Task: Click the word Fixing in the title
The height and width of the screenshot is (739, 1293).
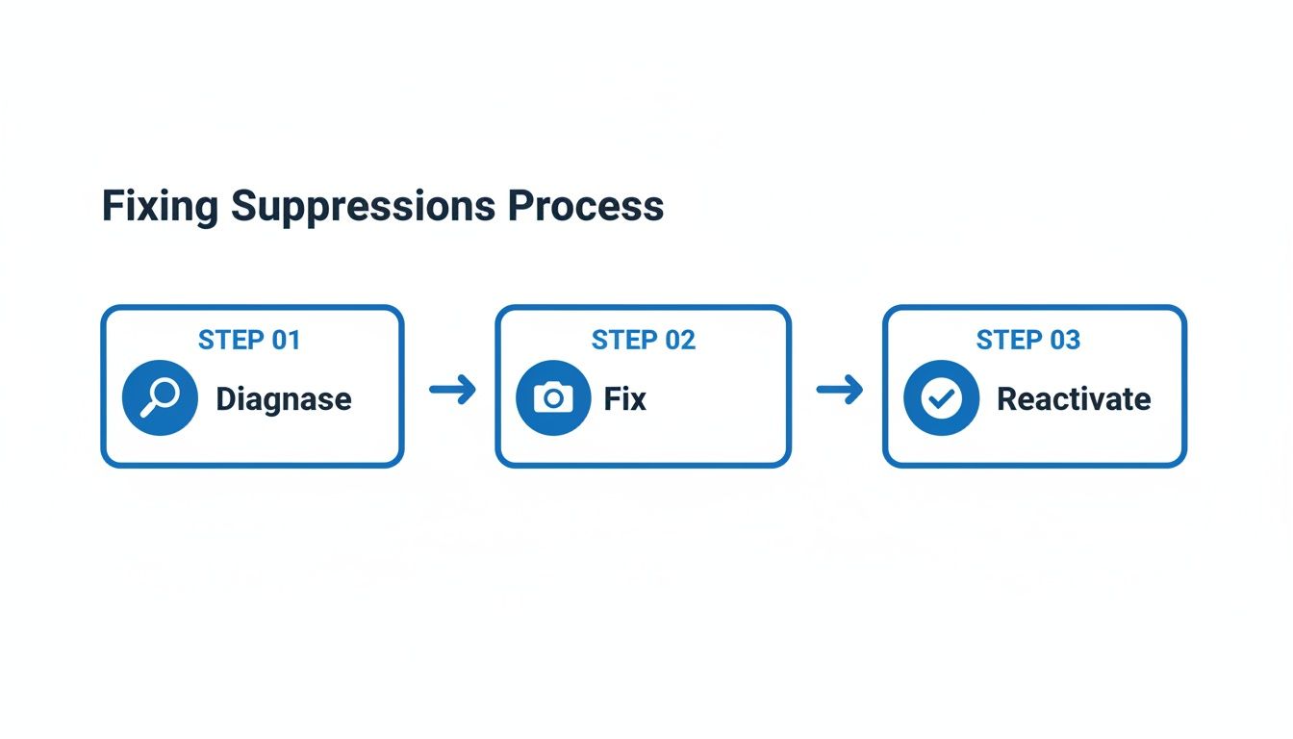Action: [x=160, y=207]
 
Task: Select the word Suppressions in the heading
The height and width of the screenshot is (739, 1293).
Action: [x=364, y=207]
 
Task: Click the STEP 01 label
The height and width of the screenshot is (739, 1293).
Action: [x=249, y=340]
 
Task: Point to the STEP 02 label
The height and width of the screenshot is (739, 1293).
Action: [x=644, y=340]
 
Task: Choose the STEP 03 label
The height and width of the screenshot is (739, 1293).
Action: [x=1028, y=340]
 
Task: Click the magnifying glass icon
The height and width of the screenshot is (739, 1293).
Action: [x=160, y=397]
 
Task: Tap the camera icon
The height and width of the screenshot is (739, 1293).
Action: [x=553, y=397]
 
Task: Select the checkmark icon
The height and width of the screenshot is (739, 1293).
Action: [x=941, y=397]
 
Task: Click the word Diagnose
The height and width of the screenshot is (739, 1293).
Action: [x=283, y=398]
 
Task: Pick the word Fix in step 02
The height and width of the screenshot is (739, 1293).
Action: [x=625, y=398]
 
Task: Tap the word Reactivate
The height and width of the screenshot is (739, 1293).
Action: [x=1074, y=398]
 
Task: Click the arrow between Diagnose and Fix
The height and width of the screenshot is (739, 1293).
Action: [x=452, y=390]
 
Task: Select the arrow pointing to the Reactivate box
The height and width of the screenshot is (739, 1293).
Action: [x=839, y=390]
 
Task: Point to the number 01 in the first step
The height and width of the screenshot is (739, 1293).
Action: [x=285, y=340]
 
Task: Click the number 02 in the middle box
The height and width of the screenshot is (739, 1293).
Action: [x=679, y=340]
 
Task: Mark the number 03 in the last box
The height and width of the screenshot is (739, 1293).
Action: [x=1064, y=340]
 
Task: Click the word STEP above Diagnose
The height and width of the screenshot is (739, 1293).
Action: [x=231, y=340]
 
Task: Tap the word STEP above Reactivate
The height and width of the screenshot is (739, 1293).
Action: [x=1009, y=340]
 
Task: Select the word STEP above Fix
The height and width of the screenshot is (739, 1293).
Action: [x=624, y=340]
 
